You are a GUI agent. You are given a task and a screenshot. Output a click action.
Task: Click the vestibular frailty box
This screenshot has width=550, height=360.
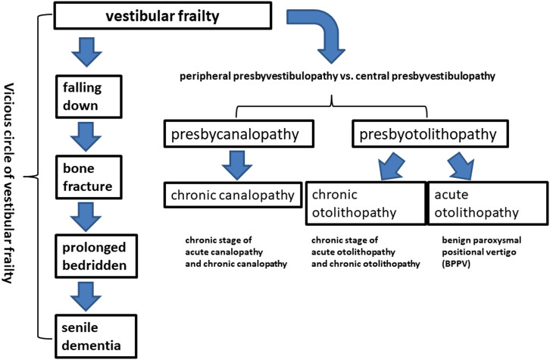[162, 15]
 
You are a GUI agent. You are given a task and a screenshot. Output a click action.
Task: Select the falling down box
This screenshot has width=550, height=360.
[89, 96]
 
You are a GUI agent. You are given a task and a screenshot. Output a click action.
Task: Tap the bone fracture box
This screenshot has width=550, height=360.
[89, 177]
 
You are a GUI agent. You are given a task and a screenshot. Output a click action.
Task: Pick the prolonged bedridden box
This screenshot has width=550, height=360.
[95, 256]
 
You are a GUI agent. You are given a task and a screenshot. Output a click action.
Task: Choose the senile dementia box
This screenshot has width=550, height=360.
[95, 337]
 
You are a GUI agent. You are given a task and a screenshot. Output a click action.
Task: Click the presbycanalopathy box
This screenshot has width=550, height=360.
[239, 133]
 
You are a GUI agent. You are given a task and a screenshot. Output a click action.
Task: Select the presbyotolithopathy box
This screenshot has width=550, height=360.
[430, 133]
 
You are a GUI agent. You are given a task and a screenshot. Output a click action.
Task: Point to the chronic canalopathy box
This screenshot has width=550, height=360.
[233, 195]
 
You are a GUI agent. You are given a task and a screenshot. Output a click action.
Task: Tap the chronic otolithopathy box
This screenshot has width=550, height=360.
[366, 203]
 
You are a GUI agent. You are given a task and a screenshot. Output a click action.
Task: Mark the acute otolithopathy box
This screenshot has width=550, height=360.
[488, 203]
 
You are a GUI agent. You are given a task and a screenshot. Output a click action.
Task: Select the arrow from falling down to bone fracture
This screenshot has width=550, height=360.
[86, 137]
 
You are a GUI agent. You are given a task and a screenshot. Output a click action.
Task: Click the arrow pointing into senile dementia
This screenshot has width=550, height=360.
[86, 297]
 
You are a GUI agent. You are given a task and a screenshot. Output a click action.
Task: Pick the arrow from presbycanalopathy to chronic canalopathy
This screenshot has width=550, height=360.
[237, 165]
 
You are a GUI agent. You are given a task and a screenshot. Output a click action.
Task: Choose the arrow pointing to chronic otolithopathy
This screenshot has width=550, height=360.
[391, 166]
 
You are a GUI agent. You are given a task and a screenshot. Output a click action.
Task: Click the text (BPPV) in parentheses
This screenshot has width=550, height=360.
[456, 264]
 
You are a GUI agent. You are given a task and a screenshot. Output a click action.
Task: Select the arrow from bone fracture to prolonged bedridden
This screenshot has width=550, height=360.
[86, 218]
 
